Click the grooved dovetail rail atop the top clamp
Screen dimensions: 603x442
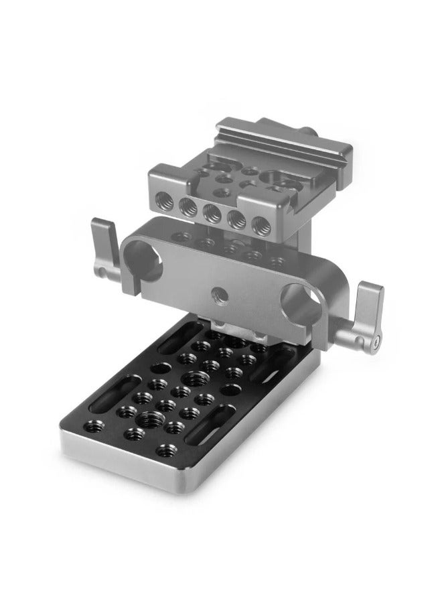[x=262, y=134]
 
